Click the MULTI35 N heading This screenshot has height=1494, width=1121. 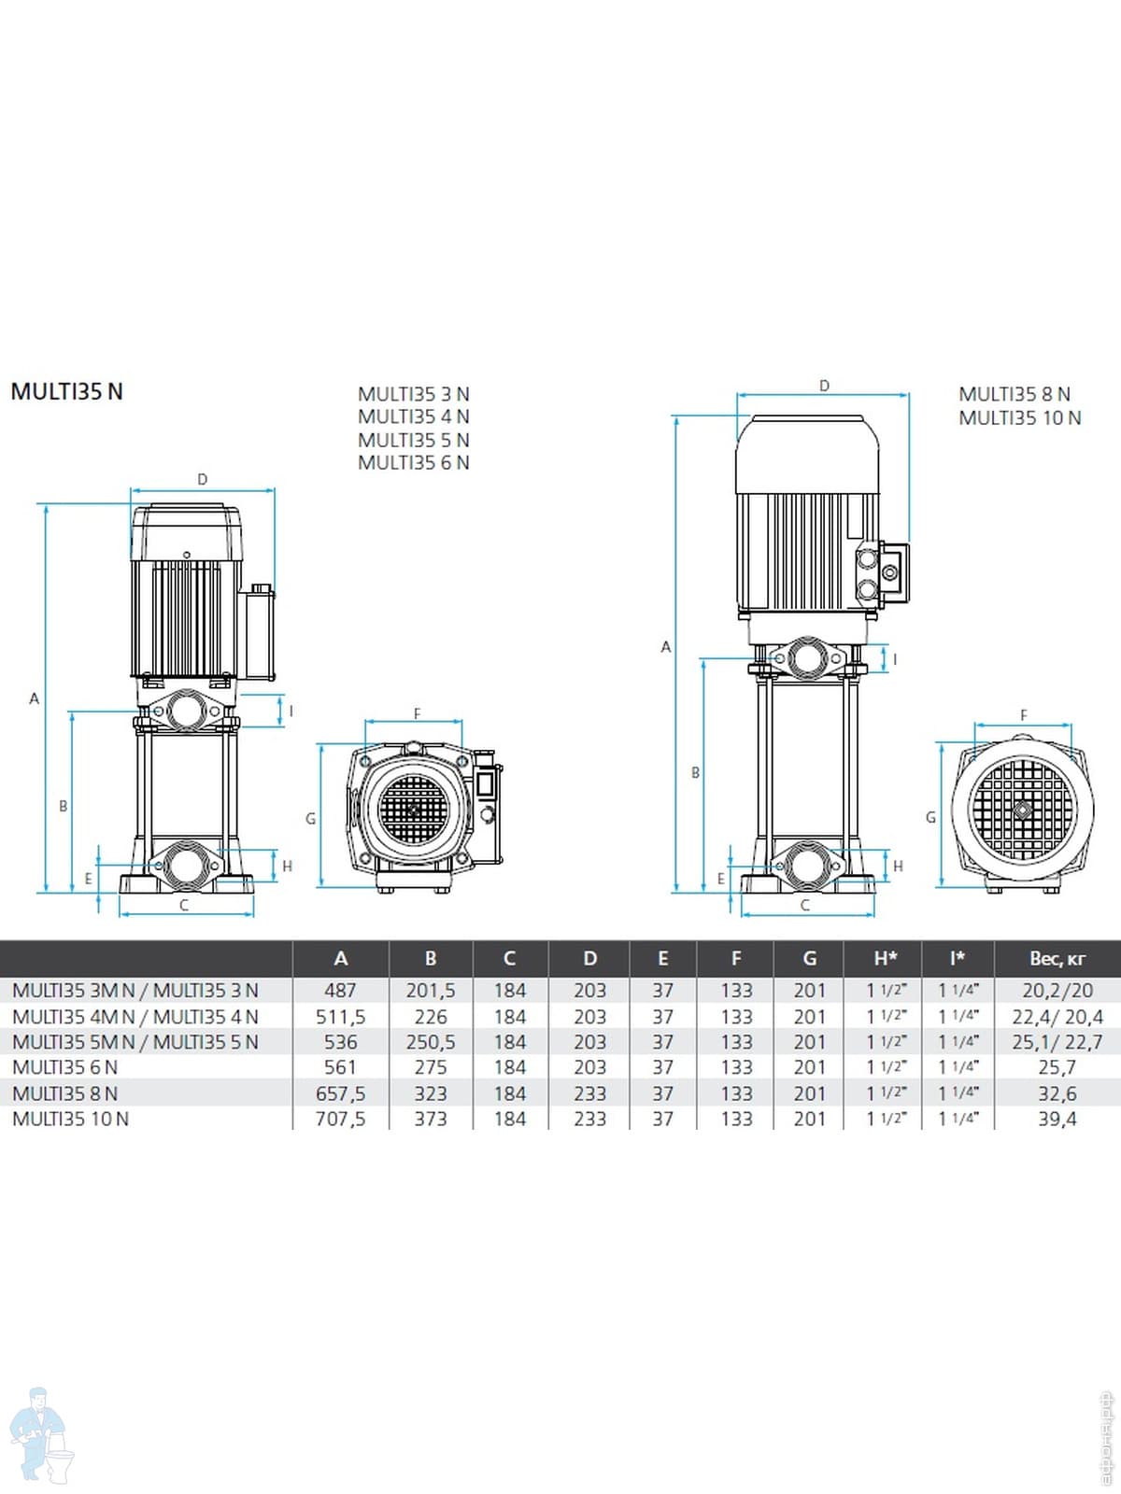(66, 392)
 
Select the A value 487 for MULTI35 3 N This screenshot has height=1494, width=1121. (340, 991)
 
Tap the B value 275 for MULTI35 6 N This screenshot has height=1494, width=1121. (431, 1067)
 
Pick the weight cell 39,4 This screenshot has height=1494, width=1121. (1057, 1119)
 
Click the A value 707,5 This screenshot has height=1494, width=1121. (340, 1119)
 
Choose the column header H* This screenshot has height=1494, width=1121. (886, 958)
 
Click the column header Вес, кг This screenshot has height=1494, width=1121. (1057, 959)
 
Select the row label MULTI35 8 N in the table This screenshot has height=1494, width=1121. (64, 1093)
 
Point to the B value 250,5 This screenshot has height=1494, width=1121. (431, 1042)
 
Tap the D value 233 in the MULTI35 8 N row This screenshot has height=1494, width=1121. (589, 1093)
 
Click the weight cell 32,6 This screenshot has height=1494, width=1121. (1057, 1093)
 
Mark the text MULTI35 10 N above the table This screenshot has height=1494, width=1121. (1019, 418)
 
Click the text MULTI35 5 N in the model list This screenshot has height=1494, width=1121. (414, 440)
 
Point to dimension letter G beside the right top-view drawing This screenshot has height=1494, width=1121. (931, 817)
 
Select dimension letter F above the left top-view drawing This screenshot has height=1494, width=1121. (418, 713)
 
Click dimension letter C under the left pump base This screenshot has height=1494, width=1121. (184, 906)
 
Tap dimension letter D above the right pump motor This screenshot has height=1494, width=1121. (824, 386)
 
